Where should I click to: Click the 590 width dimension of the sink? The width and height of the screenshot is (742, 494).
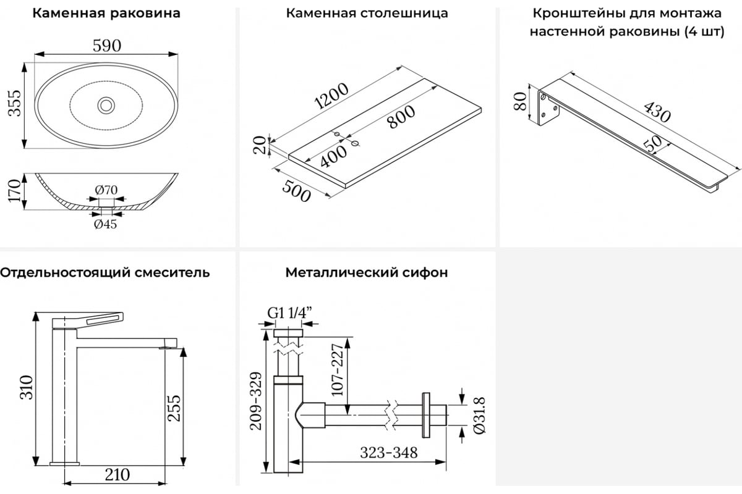[106, 46]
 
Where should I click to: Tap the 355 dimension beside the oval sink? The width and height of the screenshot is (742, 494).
[15, 103]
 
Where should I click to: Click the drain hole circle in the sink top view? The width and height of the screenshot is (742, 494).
[106, 105]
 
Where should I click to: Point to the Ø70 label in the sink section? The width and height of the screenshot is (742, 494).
[106, 190]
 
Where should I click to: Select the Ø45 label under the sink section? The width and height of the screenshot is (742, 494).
[105, 224]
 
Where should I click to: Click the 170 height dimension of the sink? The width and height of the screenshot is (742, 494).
[15, 191]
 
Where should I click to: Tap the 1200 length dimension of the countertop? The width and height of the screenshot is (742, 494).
[331, 96]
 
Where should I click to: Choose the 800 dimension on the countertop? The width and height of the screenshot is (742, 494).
[401, 117]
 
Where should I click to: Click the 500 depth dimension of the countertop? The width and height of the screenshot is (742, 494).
[296, 192]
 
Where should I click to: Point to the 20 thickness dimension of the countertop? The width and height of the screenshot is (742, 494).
[260, 145]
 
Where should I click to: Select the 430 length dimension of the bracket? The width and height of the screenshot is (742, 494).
[657, 112]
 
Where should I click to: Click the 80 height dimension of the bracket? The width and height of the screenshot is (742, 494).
[520, 101]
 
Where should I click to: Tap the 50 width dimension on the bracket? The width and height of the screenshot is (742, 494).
[653, 144]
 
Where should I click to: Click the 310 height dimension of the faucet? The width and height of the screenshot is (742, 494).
[27, 387]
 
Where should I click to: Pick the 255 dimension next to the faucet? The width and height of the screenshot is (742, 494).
[174, 408]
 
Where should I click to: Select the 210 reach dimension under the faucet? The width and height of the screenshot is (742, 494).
[117, 475]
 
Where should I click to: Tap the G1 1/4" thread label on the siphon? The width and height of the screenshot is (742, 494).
[290, 312]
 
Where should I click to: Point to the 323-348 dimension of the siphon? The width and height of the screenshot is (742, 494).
[389, 453]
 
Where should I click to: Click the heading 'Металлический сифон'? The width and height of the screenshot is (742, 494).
[367, 273]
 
